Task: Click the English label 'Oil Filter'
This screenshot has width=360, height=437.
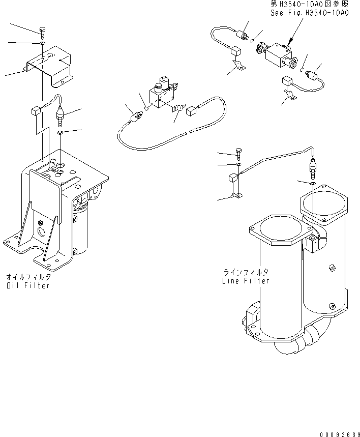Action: [28, 285]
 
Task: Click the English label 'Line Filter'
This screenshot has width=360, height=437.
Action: [246, 281]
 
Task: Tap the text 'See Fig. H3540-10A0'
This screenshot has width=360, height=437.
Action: [309, 13]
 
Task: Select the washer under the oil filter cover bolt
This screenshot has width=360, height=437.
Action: [42, 43]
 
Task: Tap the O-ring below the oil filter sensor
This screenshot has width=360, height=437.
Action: [60, 132]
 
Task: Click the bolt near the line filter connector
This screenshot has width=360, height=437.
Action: [238, 154]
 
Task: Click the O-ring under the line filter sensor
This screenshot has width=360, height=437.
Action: [313, 183]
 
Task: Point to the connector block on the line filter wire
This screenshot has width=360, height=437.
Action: [233, 178]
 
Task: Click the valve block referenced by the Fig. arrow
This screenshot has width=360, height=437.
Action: [277, 55]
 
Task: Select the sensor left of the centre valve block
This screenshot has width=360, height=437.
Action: [137, 116]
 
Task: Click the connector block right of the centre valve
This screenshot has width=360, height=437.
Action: [191, 110]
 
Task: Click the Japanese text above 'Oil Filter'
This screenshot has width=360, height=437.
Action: [28, 277]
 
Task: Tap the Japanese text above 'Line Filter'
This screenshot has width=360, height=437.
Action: [246, 272]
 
